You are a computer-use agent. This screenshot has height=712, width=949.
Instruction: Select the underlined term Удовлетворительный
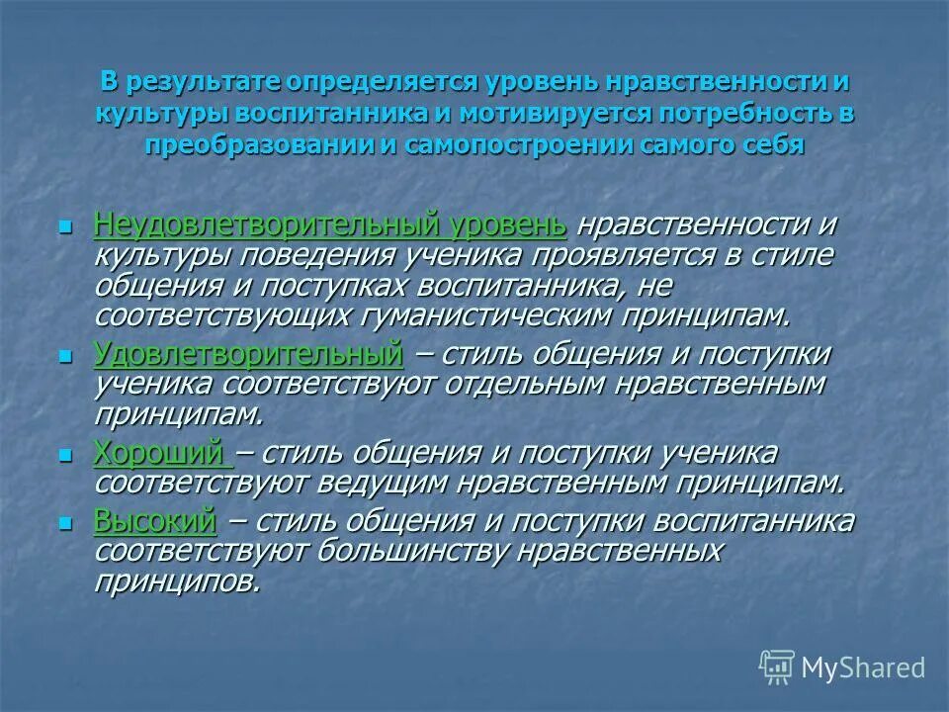[x=248, y=353]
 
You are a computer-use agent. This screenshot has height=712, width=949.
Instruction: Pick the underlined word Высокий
[x=154, y=521]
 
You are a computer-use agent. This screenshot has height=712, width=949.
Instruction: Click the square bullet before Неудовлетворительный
[x=66, y=226]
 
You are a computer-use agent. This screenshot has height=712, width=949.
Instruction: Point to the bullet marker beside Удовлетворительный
[x=66, y=355]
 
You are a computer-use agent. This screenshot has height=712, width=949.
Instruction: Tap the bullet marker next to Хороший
[x=66, y=455]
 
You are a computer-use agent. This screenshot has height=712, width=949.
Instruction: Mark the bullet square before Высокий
[x=66, y=523]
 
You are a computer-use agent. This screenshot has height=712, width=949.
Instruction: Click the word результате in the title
[x=201, y=81]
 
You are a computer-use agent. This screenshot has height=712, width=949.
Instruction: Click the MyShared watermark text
[x=863, y=667]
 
